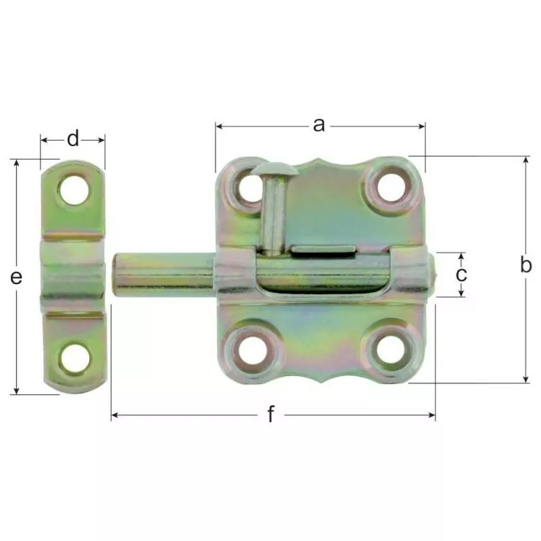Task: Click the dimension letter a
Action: tap(319, 124)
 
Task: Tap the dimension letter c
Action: tap(461, 274)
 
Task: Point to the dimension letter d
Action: tap(73, 139)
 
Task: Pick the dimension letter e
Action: tap(17, 276)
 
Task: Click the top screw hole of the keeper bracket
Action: tap(74, 189)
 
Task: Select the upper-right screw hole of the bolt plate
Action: tap(390, 187)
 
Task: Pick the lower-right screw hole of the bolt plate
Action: tap(390, 350)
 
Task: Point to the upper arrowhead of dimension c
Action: tap(461, 256)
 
